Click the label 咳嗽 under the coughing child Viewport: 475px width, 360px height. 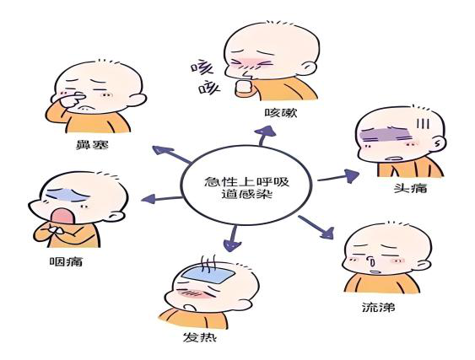[281, 113]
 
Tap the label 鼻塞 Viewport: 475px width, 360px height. [92, 145]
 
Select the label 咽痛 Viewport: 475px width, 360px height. [66, 261]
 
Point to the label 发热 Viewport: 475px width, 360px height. [200, 336]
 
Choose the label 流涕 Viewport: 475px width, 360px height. [378, 308]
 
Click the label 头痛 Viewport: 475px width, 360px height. [411, 188]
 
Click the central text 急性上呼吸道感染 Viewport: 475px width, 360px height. [246, 188]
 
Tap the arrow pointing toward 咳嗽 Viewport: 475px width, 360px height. [264, 136]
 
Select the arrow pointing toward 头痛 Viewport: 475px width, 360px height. [338, 176]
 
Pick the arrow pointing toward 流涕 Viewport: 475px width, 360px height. [316, 227]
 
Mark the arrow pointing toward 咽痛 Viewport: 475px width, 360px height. [162, 199]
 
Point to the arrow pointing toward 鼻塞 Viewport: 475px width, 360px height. [171, 154]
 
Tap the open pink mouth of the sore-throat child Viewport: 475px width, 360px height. [62, 216]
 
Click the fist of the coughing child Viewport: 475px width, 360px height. [244, 87]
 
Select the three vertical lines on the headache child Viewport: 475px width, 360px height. [423, 123]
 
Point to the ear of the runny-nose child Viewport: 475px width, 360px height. [424, 266]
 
